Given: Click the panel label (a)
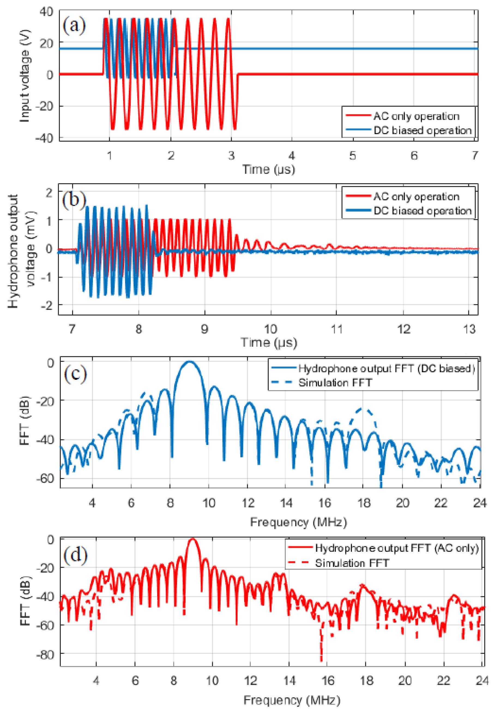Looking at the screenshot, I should pyautogui.click(x=74, y=25).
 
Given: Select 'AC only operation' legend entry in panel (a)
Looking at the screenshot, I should pyautogui.click(x=416, y=116).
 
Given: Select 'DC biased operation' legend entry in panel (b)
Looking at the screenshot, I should pyautogui.click(x=422, y=211).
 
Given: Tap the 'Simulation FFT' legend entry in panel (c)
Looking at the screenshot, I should pyautogui.click(x=335, y=383).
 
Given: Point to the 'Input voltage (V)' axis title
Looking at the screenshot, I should pyautogui.click(x=25, y=76).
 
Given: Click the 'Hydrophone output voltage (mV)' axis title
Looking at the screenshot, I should pyautogui.click(x=22, y=251).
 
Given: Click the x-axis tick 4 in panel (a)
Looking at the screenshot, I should pyautogui.click(x=292, y=155).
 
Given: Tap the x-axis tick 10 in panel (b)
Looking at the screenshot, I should pyautogui.click(x=270, y=329).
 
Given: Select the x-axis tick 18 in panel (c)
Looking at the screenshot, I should pyautogui.click(x=364, y=503).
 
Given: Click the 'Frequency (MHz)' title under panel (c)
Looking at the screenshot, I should pyautogui.click(x=298, y=522).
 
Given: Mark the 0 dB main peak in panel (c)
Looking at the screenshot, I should pyautogui.click(x=189, y=362).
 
